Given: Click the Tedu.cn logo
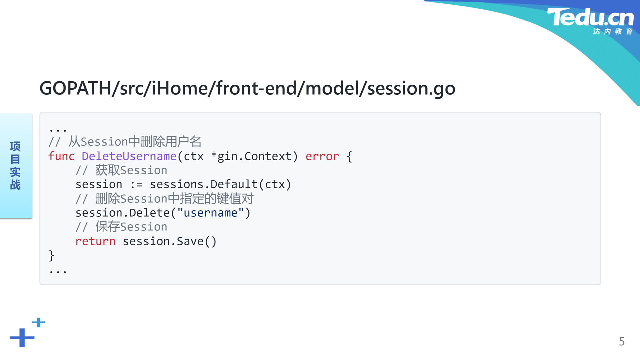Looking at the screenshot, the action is coord(590,21).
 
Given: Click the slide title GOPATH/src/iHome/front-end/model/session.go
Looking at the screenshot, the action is coord(247,88).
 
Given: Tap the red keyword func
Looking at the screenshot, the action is coord(61,156).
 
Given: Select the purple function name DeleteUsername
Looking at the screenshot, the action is coord(129,156).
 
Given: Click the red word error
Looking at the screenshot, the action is coord(322,156).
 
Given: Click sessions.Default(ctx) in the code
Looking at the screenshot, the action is coord(221,184).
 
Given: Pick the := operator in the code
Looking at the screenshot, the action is coord(136,185).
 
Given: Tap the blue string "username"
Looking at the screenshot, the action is coord(210,213).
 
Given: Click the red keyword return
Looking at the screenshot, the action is coord(95,241).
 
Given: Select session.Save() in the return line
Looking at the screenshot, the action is coord(170,241).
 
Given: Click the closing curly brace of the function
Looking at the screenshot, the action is coord(51,256).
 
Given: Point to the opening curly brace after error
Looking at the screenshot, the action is coord(349,156).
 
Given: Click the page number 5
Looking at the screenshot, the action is coord(622,341).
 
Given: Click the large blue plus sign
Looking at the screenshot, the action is coord(22,338).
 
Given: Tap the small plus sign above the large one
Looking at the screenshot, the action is coord(38,322).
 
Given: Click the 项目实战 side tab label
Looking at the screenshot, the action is coord(15,165).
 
